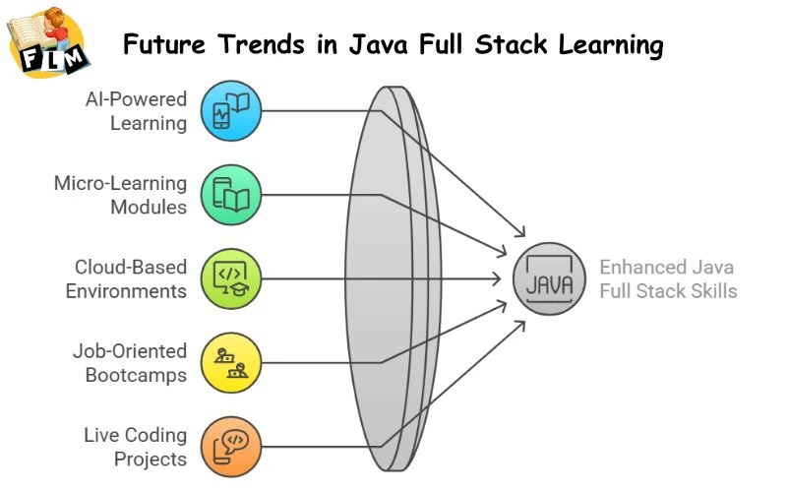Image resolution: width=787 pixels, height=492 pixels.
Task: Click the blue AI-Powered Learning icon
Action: [231, 110]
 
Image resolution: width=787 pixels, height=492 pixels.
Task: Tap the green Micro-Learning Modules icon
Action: [231, 194]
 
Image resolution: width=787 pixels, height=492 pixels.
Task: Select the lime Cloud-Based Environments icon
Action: [231, 277]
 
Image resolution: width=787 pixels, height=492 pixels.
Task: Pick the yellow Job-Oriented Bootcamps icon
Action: [231, 362]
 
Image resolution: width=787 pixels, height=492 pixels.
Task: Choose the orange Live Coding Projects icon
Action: [231, 445]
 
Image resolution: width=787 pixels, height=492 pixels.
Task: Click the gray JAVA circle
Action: [548, 278]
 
